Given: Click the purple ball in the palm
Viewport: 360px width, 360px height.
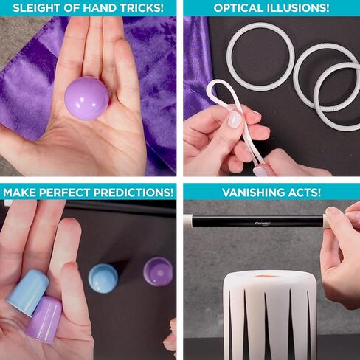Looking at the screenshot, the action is coord(86,99).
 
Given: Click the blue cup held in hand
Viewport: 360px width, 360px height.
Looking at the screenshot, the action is coord(27,292).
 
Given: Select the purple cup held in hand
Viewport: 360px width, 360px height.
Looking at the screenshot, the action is coord(44,319).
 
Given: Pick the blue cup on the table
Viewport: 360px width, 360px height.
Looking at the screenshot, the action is coord(103,279).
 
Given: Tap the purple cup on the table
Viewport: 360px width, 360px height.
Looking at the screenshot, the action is coord(158,271).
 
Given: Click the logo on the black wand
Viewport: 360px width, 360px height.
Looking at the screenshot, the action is coord(263,224).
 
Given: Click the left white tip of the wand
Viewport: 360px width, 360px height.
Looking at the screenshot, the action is coord(190,221).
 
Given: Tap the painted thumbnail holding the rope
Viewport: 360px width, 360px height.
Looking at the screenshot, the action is coord(234,120).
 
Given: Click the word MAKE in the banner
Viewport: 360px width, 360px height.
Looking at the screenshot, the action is coord(19,193).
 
